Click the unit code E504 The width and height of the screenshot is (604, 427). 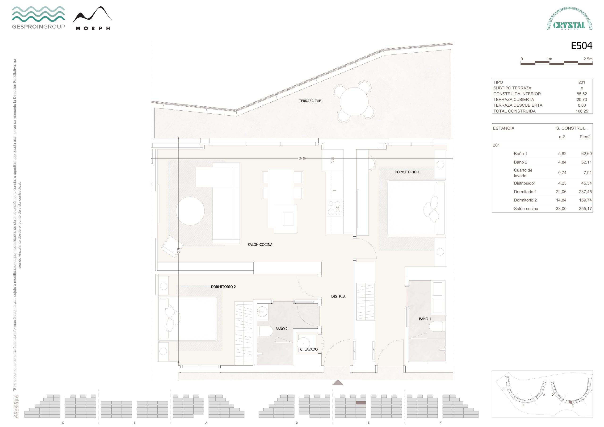point(581,46)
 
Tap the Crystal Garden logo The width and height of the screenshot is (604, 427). point(569,19)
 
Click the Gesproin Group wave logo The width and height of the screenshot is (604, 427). point(38,17)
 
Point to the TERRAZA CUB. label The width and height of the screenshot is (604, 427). point(310,101)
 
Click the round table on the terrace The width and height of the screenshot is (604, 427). point(354,101)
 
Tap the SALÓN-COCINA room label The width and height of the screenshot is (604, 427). point(260,245)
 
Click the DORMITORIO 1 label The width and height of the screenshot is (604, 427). point(407,172)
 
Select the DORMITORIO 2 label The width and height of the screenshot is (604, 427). point(223,287)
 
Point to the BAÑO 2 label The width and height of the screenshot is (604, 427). point(281,329)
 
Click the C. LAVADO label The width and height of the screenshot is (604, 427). point(309,349)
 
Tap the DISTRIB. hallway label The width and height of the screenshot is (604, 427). point(338,297)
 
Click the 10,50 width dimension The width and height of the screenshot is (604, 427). point(302,159)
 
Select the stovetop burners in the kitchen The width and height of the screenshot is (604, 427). point(334,208)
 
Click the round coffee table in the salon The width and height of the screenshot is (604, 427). point(190,211)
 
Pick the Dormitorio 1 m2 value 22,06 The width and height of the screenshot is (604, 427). point(561,192)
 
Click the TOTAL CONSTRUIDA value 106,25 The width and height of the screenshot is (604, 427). point(582,111)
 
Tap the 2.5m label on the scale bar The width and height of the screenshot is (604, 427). point(588,59)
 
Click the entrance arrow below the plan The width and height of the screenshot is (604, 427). point(338,383)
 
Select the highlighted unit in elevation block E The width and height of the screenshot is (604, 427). point(361,403)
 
